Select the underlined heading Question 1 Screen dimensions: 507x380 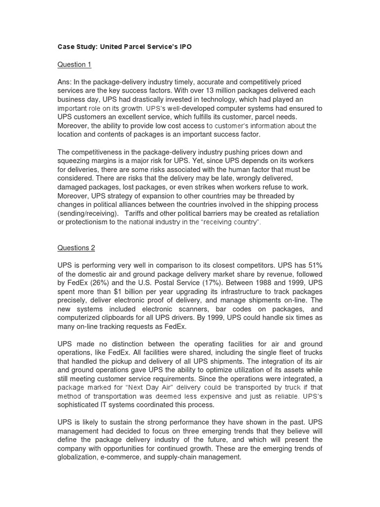coord(75,64)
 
